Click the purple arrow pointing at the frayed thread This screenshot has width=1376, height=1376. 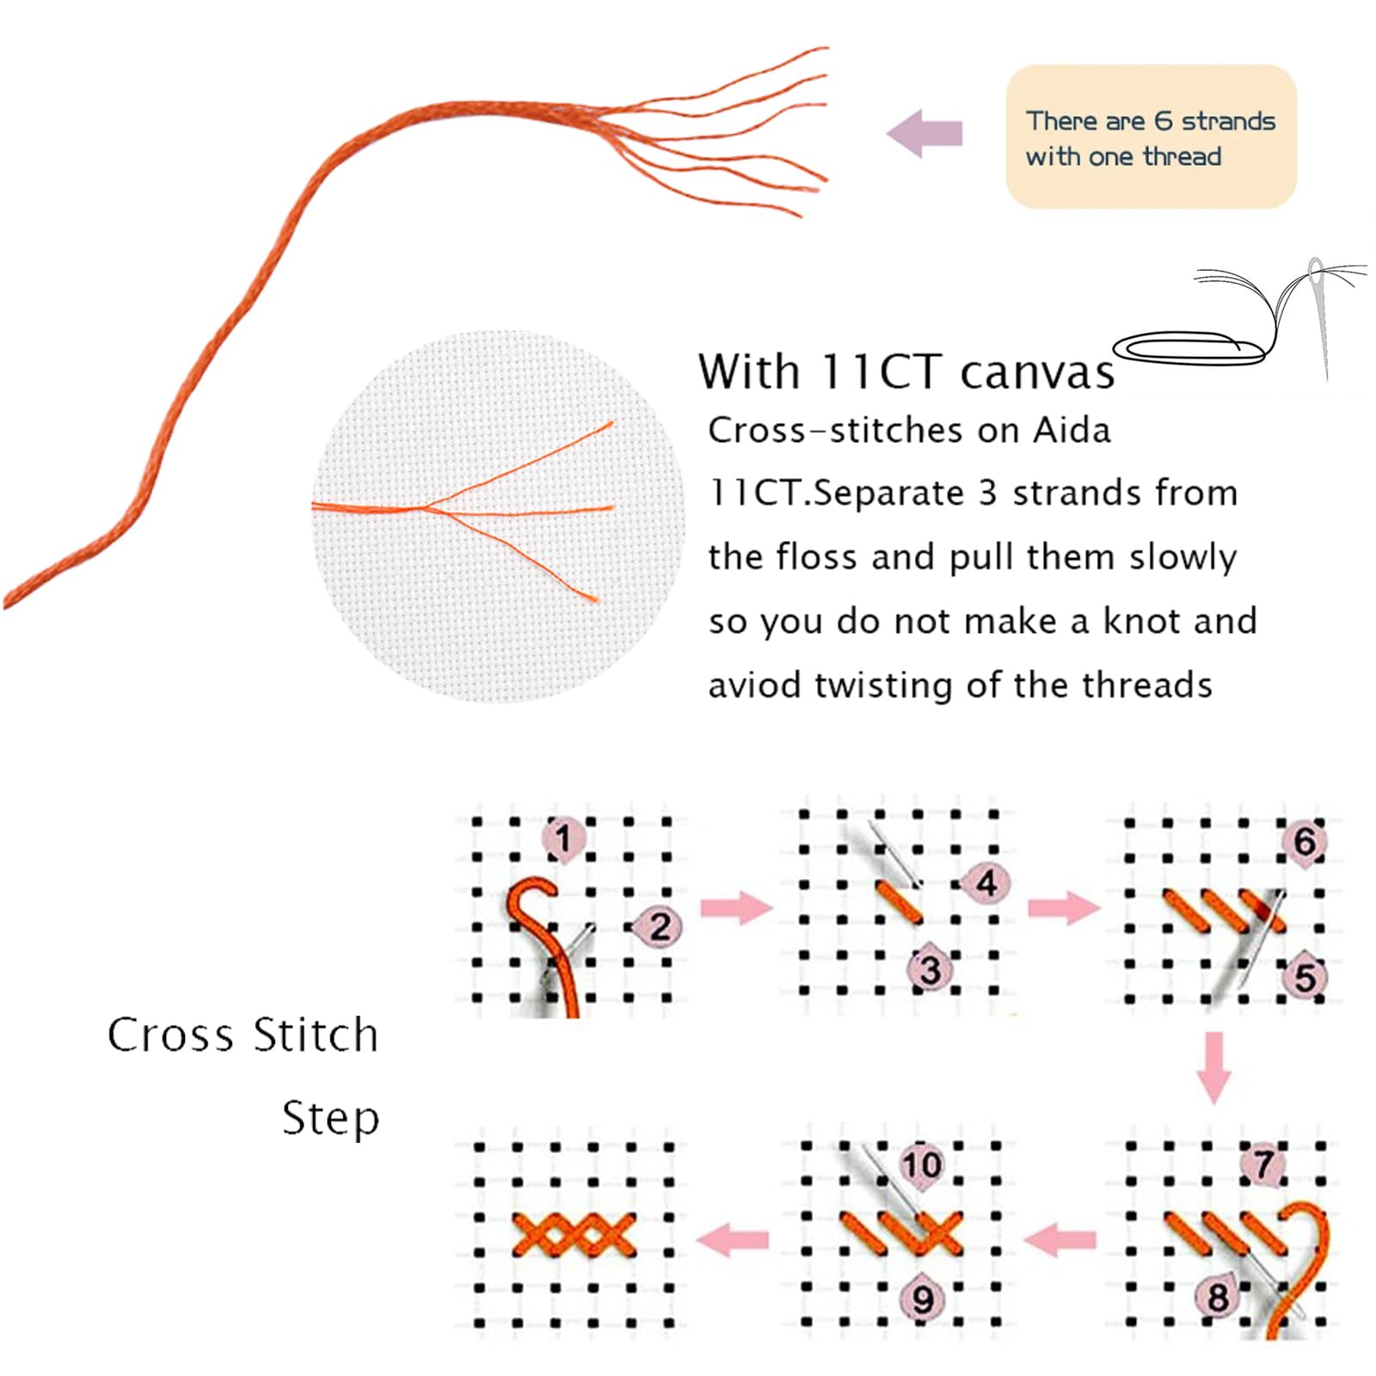point(924,133)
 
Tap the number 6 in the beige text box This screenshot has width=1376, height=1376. point(1163,120)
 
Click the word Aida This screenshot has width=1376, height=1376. point(1071,429)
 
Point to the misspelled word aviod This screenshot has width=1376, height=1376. point(756,685)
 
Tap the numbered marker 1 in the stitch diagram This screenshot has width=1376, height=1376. point(563,838)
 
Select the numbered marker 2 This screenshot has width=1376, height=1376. point(658,926)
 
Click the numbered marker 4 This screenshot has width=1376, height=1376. point(985,883)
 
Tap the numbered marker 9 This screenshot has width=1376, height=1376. point(922,1299)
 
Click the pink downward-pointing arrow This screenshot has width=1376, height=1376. point(1213,1067)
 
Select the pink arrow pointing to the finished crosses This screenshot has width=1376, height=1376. point(733,1239)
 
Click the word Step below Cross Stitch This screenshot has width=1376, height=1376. point(331,1119)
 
